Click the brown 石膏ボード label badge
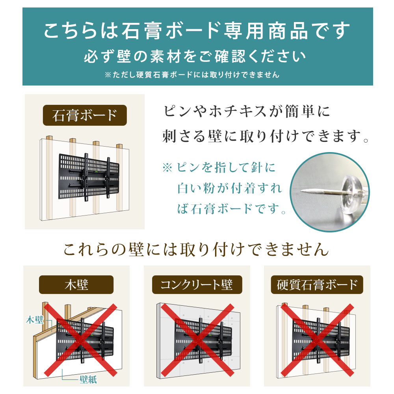tap(85, 115)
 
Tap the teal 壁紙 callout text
tap(88, 380)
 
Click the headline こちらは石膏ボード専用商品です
tap(197, 32)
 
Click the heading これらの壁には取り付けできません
tap(196, 249)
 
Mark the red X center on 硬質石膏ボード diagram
tap(318, 340)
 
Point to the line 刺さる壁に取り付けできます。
tap(266, 136)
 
